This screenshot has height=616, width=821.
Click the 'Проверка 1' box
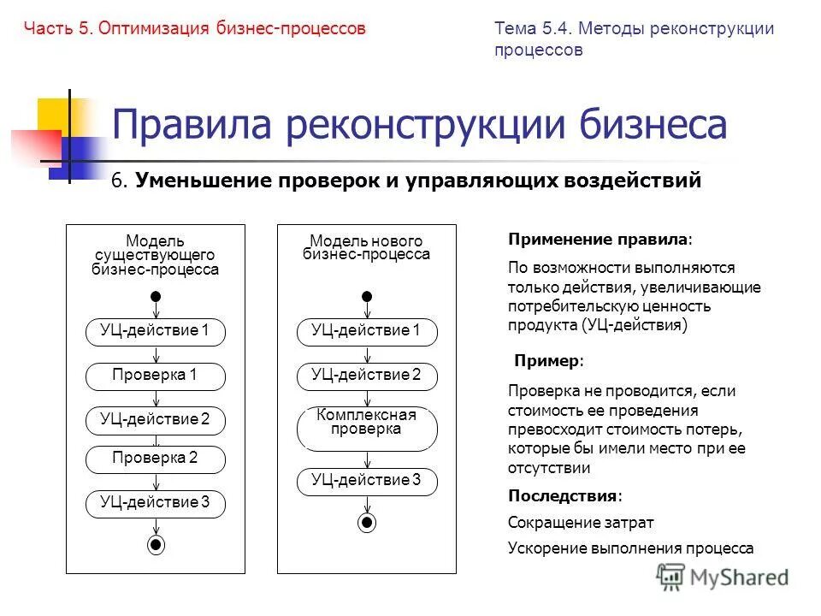156,376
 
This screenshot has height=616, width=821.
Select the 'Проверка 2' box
156,459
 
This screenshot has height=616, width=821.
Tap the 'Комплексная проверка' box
367,428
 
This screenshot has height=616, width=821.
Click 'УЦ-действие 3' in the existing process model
156,503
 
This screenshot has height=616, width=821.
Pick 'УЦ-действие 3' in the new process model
367,481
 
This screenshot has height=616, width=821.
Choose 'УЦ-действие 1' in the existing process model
156,331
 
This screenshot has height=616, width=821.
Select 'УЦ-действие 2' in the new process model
367,376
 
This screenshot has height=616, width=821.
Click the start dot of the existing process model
156,296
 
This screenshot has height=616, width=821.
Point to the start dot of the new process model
367,296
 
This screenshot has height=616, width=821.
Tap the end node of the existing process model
156,545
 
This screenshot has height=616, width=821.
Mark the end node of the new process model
367,521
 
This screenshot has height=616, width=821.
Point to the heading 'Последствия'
564,496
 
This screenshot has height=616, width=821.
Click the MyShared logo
723,577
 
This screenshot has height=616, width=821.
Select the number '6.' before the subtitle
120,181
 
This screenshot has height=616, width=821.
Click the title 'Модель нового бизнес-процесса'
367,248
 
